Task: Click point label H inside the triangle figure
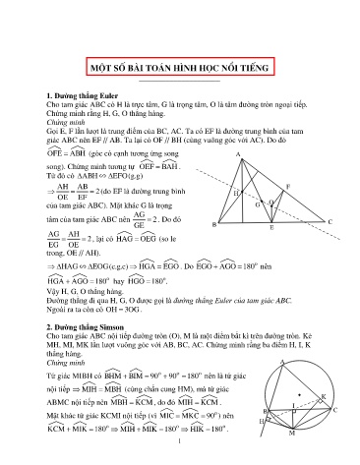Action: point(237,194)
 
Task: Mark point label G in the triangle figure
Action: point(257,204)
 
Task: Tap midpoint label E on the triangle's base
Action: point(271,228)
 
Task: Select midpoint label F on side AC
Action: point(287,185)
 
